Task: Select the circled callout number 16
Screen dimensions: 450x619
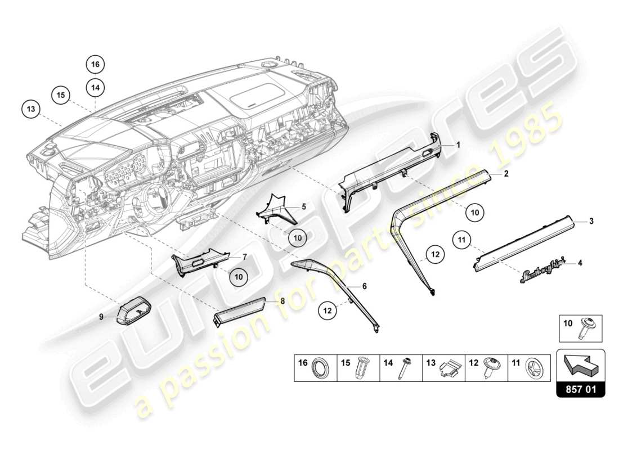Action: click(x=96, y=65)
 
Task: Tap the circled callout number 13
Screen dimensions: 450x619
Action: click(x=31, y=108)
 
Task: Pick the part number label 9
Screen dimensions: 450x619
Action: click(x=102, y=317)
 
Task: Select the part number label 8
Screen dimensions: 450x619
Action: click(x=282, y=301)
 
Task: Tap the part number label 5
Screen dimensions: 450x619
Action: click(x=304, y=206)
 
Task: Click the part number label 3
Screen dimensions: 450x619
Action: click(x=591, y=222)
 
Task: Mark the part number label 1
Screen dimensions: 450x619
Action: click(x=458, y=145)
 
